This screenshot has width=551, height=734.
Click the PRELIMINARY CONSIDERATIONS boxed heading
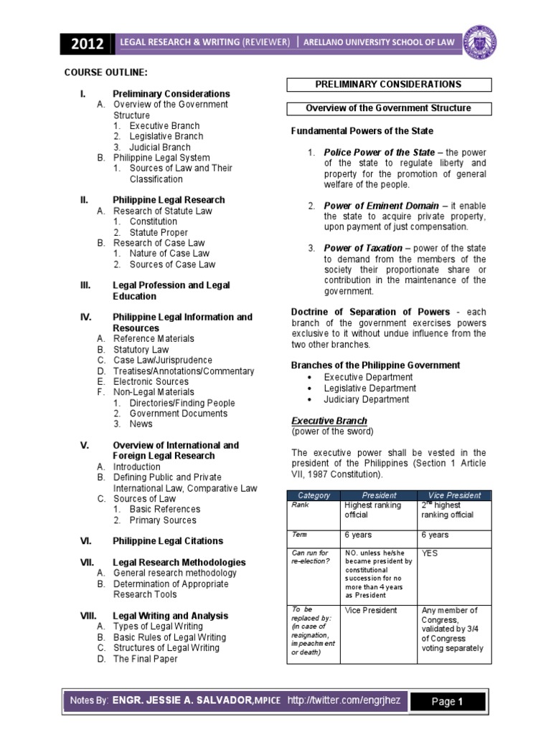(389, 85)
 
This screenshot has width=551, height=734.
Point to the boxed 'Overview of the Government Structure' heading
(389, 108)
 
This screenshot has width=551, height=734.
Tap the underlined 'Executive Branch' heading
(329, 421)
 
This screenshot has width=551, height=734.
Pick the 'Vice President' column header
(453, 495)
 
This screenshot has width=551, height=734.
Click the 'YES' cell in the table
(430, 553)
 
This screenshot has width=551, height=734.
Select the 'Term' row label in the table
(299, 535)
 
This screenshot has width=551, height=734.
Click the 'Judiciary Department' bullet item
(367, 399)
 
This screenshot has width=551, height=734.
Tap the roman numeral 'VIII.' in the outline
(89, 616)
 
